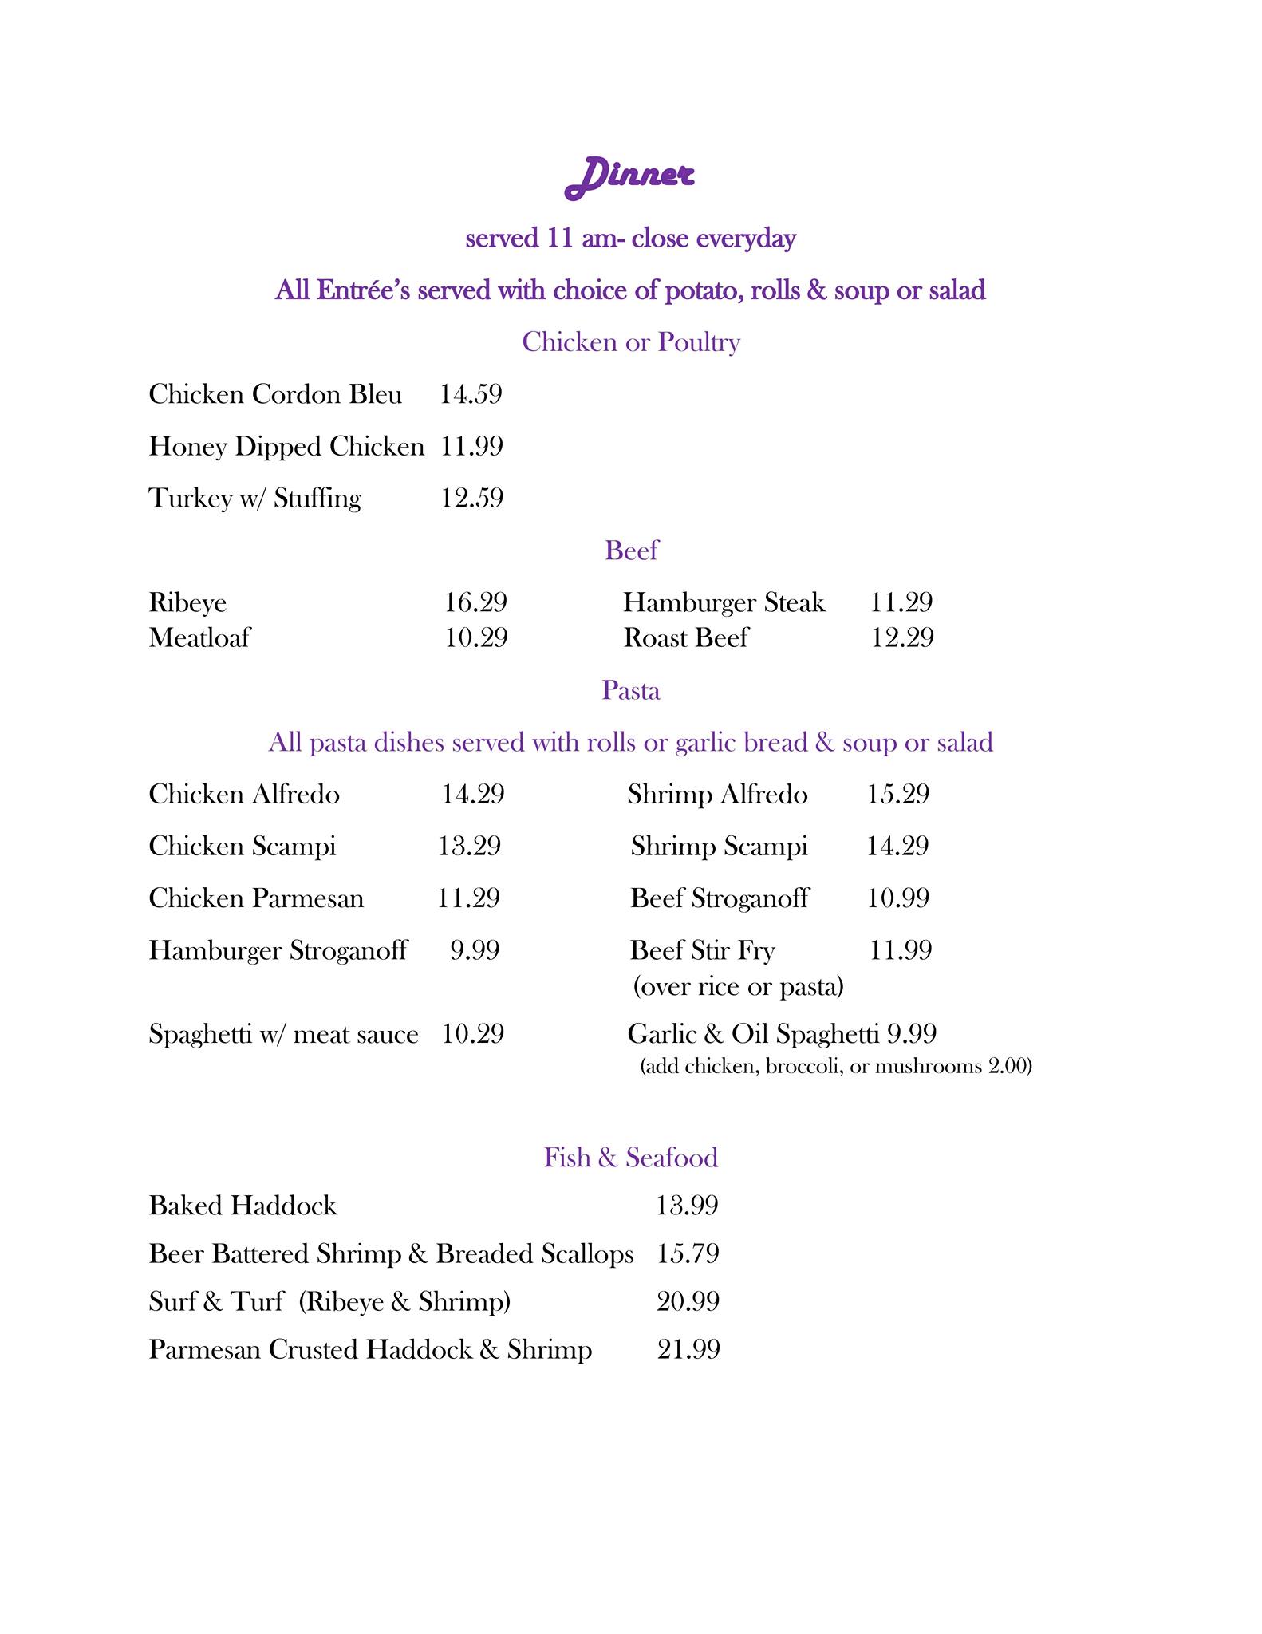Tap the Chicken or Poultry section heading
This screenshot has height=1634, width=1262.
tap(631, 342)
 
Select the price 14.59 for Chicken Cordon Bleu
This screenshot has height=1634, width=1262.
tap(471, 394)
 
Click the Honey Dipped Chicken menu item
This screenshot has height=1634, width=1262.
tap(286, 447)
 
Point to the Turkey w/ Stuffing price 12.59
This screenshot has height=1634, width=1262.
tap(472, 499)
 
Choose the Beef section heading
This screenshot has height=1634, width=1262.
tap(631, 551)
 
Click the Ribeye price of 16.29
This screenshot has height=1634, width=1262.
tap(475, 602)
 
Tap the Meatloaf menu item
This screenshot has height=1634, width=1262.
tap(199, 638)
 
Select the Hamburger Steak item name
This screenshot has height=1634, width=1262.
tap(724, 602)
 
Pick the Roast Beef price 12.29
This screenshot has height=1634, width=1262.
tap(902, 638)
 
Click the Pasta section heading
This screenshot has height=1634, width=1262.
tap(631, 690)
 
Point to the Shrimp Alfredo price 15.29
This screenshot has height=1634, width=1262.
tap(898, 795)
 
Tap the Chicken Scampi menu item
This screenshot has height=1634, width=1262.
tap(243, 847)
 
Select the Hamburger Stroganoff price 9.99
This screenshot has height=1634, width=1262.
tap(475, 950)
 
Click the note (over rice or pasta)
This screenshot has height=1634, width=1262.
tap(738, 987)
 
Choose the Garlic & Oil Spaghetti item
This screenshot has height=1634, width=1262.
tap(753, 1034)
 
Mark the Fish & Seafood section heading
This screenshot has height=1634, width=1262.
tap(631, 1158)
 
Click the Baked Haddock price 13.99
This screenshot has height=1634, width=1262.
tap(687, 1206)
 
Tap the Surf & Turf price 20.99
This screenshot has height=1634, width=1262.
tap(688, 1302)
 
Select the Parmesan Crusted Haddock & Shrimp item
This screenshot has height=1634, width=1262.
tap(370, 1350)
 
